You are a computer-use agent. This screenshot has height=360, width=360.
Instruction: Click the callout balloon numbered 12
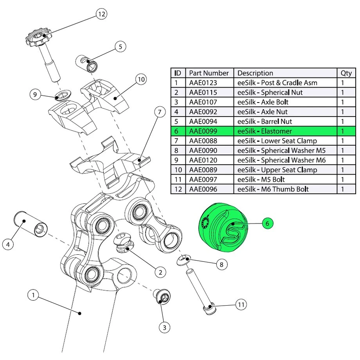pyautogui.click(x=101, y=15)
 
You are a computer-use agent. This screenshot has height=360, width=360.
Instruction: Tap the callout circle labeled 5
pyautogui.click(x=120, y=47)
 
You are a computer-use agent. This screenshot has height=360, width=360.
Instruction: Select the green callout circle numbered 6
pyautogui.click(x=267, y=223)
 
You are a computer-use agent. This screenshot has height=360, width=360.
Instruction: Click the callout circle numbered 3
pyautogui.click(x=164, y=327)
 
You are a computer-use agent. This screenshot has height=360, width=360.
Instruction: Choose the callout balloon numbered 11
pyautogui.click(x=241, y=304)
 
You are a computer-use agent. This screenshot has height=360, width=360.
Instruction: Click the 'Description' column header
pyautogui.click(x=255, y=73)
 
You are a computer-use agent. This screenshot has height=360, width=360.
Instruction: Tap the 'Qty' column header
pyautogui.click(x=346, y=73)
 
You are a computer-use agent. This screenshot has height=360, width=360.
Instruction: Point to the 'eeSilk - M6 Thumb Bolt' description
pyautogui.click(x=273, y=189)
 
